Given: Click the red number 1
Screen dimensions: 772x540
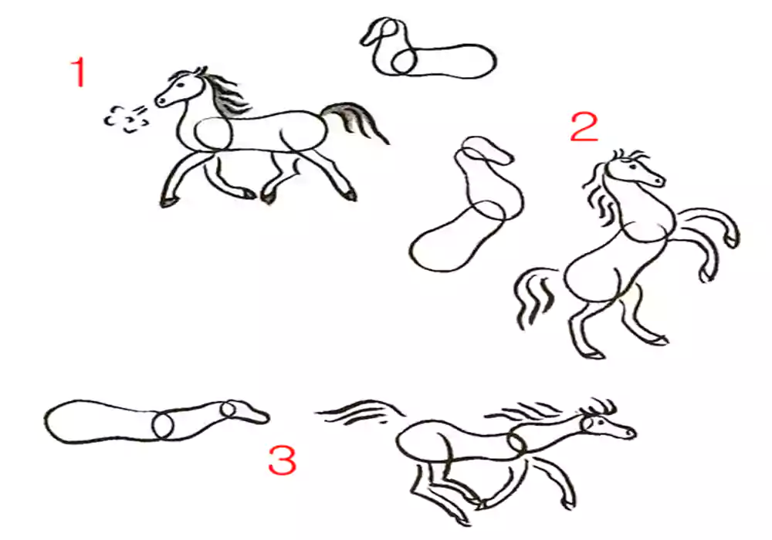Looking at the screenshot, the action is (79, 72).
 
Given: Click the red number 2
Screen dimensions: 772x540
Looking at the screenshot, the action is (584, 127).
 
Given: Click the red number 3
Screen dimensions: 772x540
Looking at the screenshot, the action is (282, 459).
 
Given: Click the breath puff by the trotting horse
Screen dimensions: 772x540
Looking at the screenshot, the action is (126, 119).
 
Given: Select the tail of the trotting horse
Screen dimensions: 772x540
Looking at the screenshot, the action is (354, 121).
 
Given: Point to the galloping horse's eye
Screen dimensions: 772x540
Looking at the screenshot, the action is (601, 421).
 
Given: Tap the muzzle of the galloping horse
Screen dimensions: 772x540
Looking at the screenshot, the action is (627, 432).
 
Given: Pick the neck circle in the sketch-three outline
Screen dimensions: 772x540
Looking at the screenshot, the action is (162, 425).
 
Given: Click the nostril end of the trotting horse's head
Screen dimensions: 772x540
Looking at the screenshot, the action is (160, 101).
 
